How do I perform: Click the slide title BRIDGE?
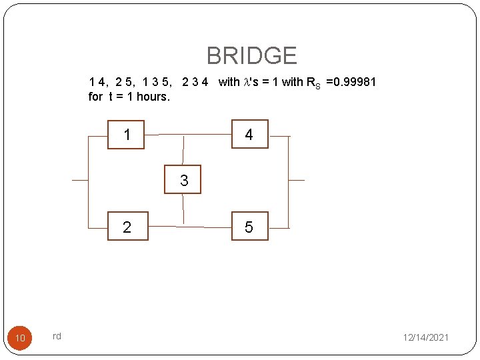pos(251,55)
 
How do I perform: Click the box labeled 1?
pos(126,135)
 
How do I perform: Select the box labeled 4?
pos(249,135)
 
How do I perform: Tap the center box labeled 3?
pos(183,180)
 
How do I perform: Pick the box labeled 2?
pos(127,227)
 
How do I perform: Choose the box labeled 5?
pos(249,227)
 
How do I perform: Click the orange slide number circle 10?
pos(20,338)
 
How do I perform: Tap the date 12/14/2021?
pos(425,338)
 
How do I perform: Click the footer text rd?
pos(57,336)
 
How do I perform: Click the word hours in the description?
pos(153,97)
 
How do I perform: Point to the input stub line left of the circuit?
pos(79,180)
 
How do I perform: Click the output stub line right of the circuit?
pos(296,180)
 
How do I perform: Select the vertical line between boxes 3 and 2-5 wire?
pos(183,209)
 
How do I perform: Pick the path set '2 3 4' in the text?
pos(195,82)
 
